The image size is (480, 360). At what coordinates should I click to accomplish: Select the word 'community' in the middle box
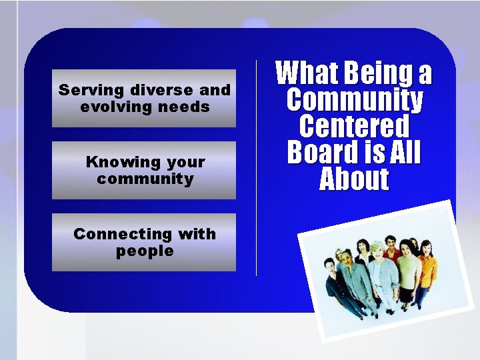pos(145,179)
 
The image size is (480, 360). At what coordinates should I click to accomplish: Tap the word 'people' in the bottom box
pos(145,251)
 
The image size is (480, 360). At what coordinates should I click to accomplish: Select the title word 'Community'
pos(354,100)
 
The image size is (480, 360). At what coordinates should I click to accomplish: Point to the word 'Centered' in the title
pos(354,126)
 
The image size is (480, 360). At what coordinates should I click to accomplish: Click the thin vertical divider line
pos(257,167)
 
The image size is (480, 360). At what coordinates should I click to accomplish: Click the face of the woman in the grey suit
pos(347,257)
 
